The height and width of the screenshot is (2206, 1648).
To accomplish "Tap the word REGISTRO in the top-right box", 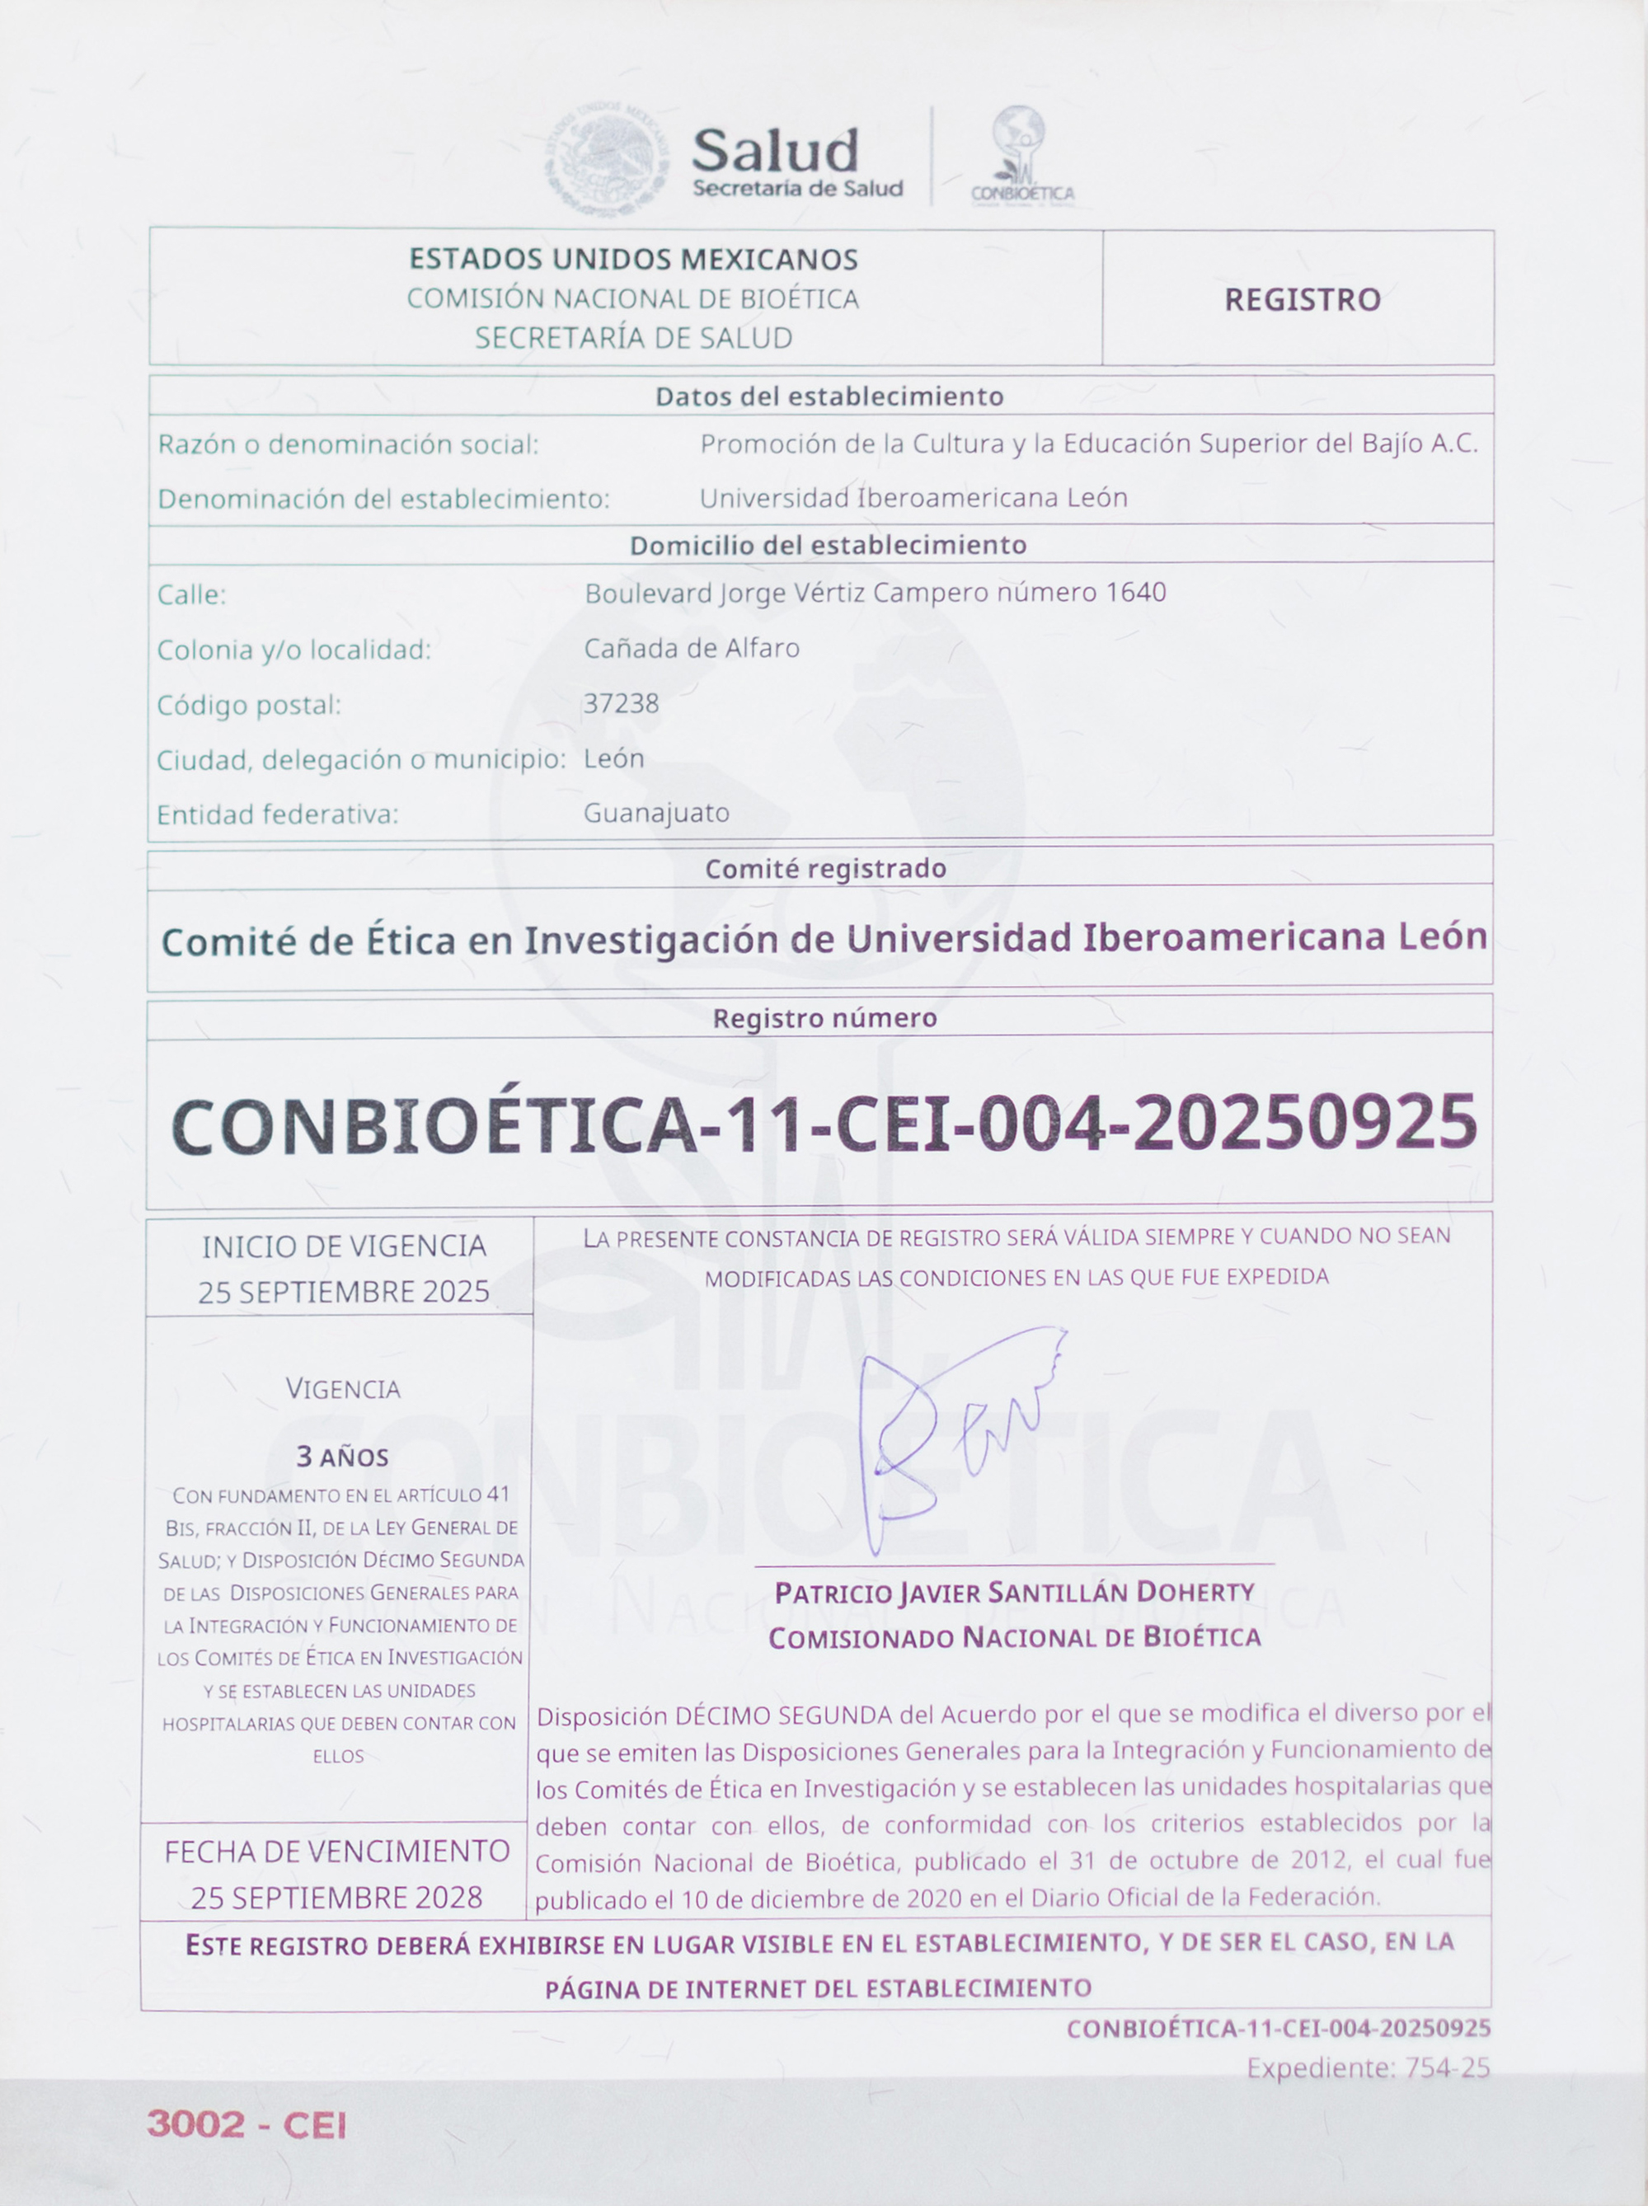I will click(1302, 299).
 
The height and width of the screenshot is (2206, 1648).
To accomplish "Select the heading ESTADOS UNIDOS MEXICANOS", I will click(633, 260).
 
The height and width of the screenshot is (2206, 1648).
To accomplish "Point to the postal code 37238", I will click(622, 704).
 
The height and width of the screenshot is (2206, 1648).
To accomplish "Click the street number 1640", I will click(1136, 593).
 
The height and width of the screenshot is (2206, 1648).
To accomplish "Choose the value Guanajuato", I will click(656, 813).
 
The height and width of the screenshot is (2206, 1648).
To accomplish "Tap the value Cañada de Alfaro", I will click(692, 648).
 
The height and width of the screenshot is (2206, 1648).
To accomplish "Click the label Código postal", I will click(248, 705).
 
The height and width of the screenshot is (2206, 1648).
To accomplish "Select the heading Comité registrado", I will click(825, 869).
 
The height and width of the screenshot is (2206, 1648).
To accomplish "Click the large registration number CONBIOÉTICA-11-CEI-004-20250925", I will click(824, 1123).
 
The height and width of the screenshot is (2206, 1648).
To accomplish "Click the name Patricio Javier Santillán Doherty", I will click(1013, 1592).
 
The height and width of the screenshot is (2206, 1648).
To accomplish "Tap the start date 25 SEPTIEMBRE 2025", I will click(343, 1292).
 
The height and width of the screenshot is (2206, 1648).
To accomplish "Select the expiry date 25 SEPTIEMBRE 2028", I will click(336, 1897).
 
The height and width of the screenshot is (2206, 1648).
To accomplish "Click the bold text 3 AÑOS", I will click(342, 1457).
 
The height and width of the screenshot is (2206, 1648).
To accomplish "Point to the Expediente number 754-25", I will click(1447, 2068).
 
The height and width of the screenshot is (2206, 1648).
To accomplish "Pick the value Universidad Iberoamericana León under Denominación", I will click(913, 498).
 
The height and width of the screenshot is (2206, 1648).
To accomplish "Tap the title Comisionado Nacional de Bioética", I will click(1013, 1637).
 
